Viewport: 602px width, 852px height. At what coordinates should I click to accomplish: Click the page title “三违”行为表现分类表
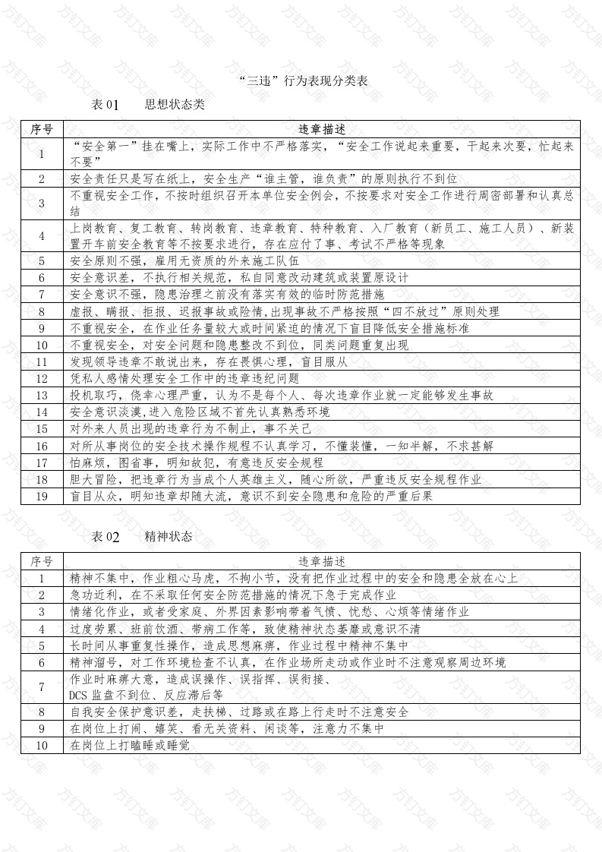point(303,80)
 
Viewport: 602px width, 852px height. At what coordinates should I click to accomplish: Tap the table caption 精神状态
point(169,537)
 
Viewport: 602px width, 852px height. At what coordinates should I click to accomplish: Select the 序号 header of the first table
point(42,129)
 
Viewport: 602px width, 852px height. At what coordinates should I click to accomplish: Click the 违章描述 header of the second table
point(321,562)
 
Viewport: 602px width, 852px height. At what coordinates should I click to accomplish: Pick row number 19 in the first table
point(42,497)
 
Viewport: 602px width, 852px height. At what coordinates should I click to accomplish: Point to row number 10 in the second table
point(42,746)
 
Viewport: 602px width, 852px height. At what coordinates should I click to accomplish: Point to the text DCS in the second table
point(78,695)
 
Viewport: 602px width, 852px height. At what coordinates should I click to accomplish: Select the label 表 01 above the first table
point(106,105)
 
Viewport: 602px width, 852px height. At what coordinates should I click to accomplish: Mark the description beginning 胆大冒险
point(276,480)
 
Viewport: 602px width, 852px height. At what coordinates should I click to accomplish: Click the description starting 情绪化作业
point(269,611)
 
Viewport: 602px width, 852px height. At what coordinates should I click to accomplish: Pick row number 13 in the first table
point(42,395)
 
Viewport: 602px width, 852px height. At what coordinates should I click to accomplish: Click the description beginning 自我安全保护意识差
point(239,712)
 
